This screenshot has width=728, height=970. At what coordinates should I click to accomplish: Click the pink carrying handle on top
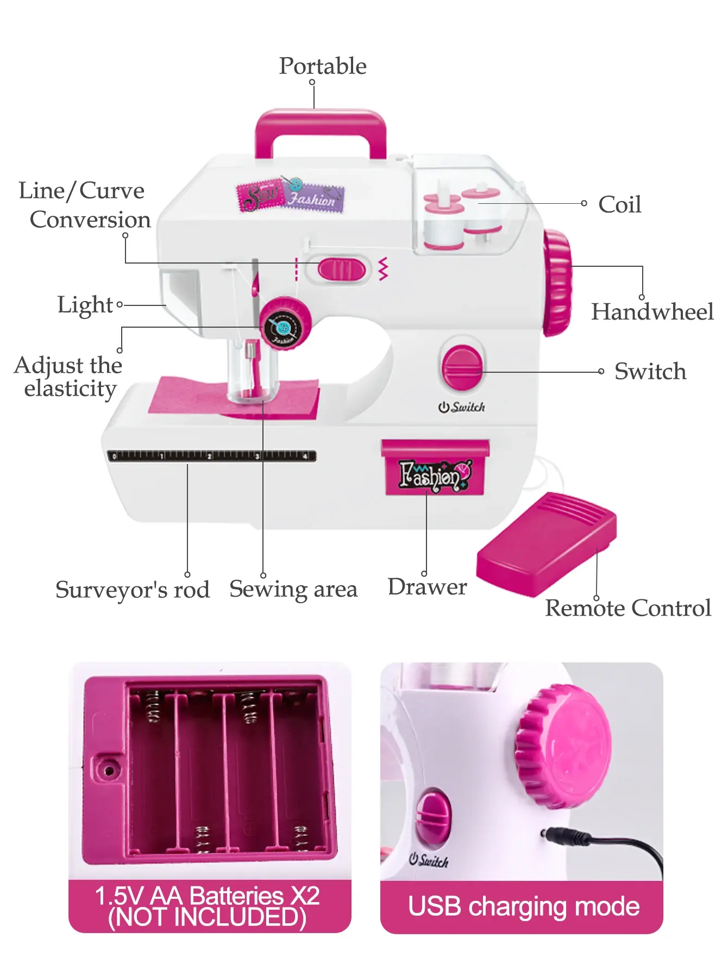pos(321,121)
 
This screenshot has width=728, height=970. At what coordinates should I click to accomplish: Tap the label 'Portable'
pos(323,66)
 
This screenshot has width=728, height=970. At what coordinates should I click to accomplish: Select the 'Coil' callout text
pos(619,205)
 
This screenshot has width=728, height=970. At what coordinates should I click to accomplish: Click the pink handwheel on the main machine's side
pos(557,283)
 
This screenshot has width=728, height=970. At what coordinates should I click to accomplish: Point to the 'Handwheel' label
pos(652,312)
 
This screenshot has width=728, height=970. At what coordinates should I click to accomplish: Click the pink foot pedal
pos(546,543)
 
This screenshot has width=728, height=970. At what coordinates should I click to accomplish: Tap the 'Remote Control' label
pos(628,608)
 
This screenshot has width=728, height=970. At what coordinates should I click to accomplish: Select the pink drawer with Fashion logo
pos(435,468)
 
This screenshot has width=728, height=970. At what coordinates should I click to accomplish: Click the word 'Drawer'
pos(427,587)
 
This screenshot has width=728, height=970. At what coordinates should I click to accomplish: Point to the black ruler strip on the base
pos(212,456)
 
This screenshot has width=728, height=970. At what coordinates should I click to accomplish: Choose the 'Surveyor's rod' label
pos(133,590)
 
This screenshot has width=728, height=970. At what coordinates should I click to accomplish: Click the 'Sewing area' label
pos(293,589)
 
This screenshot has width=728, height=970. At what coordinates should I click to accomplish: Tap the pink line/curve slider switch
pos(342,270)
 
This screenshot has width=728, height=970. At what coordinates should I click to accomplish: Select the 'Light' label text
pos(85,305)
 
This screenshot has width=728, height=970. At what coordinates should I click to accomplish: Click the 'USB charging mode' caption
pos(523,906)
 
